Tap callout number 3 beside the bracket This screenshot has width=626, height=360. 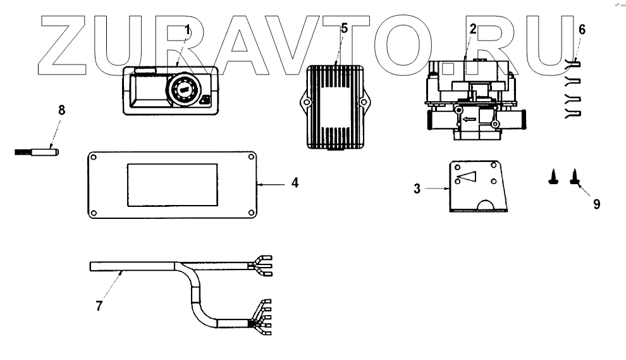[x=417, y=189]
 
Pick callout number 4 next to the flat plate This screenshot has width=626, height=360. [x=295, y=183]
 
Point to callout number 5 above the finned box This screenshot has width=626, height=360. [x=344, y=28]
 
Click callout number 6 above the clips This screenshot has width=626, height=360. [x=582, y=30]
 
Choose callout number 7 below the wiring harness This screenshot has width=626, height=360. [x=99, y=306]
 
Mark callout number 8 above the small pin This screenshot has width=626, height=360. [x=61, y=109]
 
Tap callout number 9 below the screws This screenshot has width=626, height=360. [x=596, y=204]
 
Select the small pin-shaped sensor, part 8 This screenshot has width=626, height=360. [x=35, y=152]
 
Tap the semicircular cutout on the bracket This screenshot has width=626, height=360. [x=486, y=205]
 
